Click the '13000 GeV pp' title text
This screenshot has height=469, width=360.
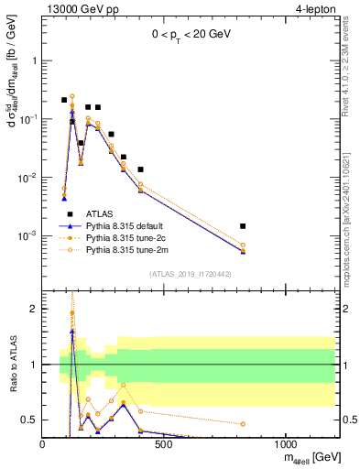click(80, 9)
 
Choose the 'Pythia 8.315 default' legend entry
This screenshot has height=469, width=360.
click(133, 224)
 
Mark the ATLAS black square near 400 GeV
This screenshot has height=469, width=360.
click(140, 169)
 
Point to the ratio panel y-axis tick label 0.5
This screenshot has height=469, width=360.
click(29, 420)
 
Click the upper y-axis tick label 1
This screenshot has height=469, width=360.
click(33, 60)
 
